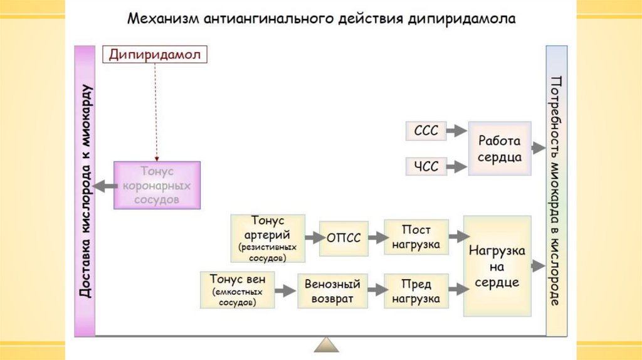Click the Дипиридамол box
click(x=154, y=55)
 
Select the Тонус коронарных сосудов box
click(x=157, y=185)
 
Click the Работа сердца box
click(x=499, y=149)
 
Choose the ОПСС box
click(x=343, y=238)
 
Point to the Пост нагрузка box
click(x=416, y=237)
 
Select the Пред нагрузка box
click(x=416, y=291)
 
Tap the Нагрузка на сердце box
click(x=497, y=266)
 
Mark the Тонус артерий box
click(x=268, y=238)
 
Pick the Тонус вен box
click(x=238, y=290)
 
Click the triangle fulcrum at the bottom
click(x=326, y=345)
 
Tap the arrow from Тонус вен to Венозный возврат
click(x=286, y=290)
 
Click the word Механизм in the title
click(x=162, y=19)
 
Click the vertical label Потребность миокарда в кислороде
click(x=555, y=191)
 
